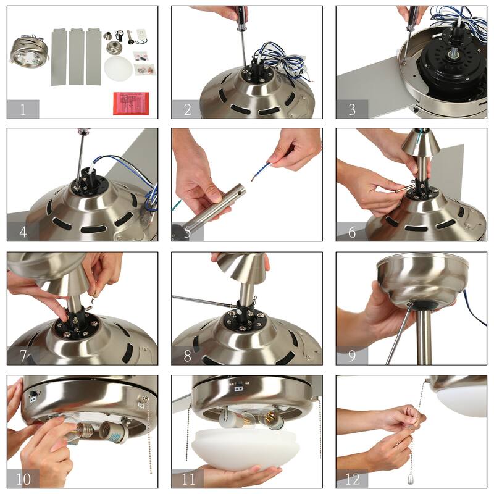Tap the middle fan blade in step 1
[77, 56]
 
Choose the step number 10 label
[23, 479]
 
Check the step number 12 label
[352, 479]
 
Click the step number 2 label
[188, 109]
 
